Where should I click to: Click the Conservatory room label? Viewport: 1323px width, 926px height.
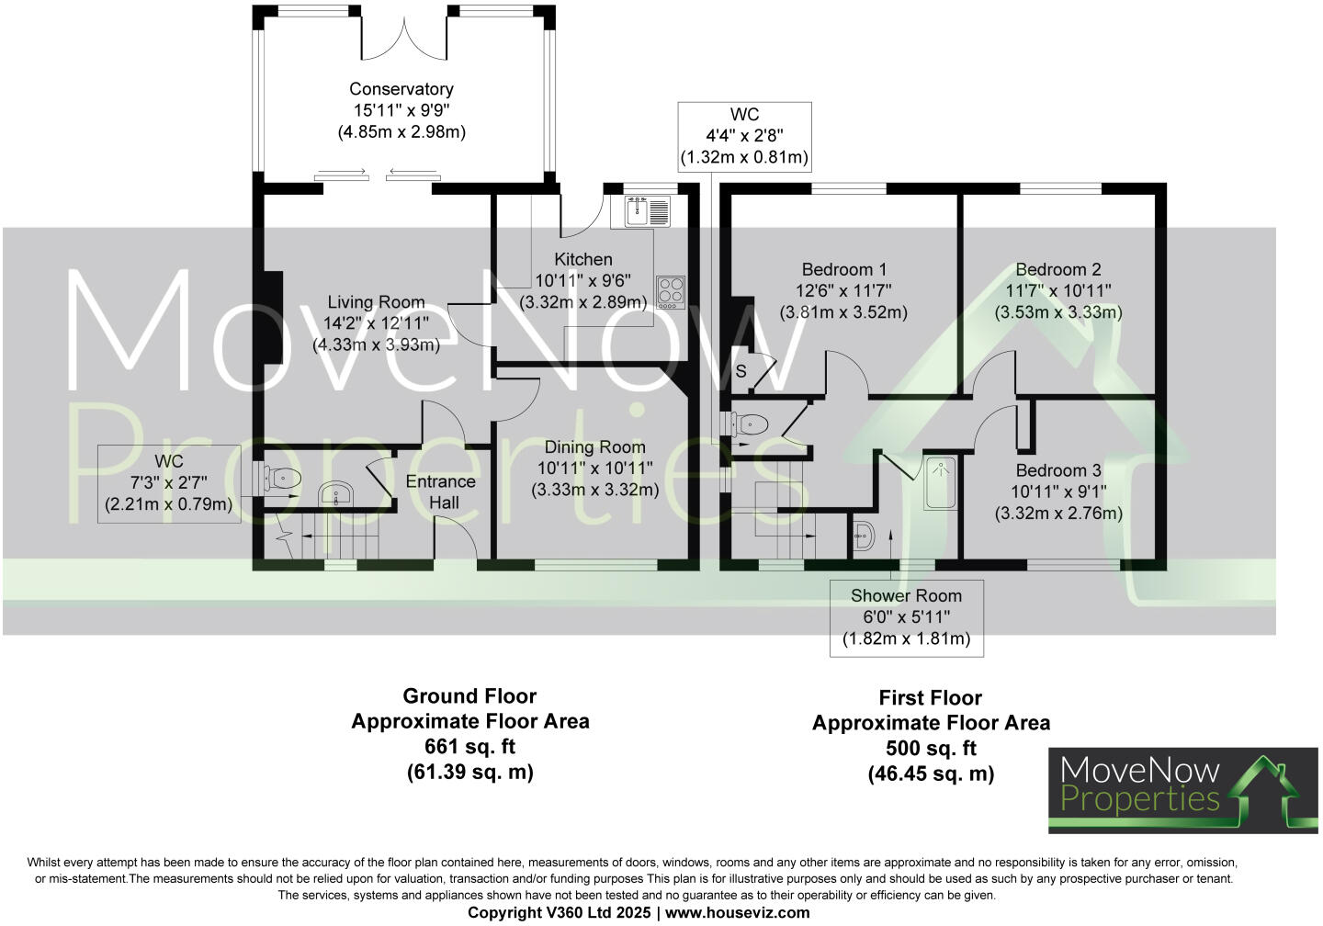tap(401, 89)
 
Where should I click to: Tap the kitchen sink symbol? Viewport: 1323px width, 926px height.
tap(648, 212)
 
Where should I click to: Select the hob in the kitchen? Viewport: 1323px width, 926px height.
tap(670, 292)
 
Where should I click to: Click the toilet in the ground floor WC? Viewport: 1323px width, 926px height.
tap(280, 478)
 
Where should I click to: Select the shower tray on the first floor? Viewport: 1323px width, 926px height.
tap(940, 482)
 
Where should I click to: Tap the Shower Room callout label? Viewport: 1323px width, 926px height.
tap(906, 596)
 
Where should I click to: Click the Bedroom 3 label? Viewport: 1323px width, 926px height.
tap(1057, 471)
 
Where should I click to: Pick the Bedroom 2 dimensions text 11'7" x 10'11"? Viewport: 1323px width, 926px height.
tap(1057, 291)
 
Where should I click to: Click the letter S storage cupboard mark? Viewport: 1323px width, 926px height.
tap(741, 371)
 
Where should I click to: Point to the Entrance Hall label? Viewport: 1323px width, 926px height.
tap(441, 491)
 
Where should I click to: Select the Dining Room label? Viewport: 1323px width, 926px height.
tap(594, 447)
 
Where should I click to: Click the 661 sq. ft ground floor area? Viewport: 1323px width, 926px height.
tap(469, 746)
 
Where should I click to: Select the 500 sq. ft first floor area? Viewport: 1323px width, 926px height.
tap(931, 748)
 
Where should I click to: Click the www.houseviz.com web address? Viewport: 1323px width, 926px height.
tap(737, 912)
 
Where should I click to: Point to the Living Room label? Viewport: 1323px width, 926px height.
tap(376, 302)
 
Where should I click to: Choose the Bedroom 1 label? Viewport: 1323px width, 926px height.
tap(843, 270)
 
